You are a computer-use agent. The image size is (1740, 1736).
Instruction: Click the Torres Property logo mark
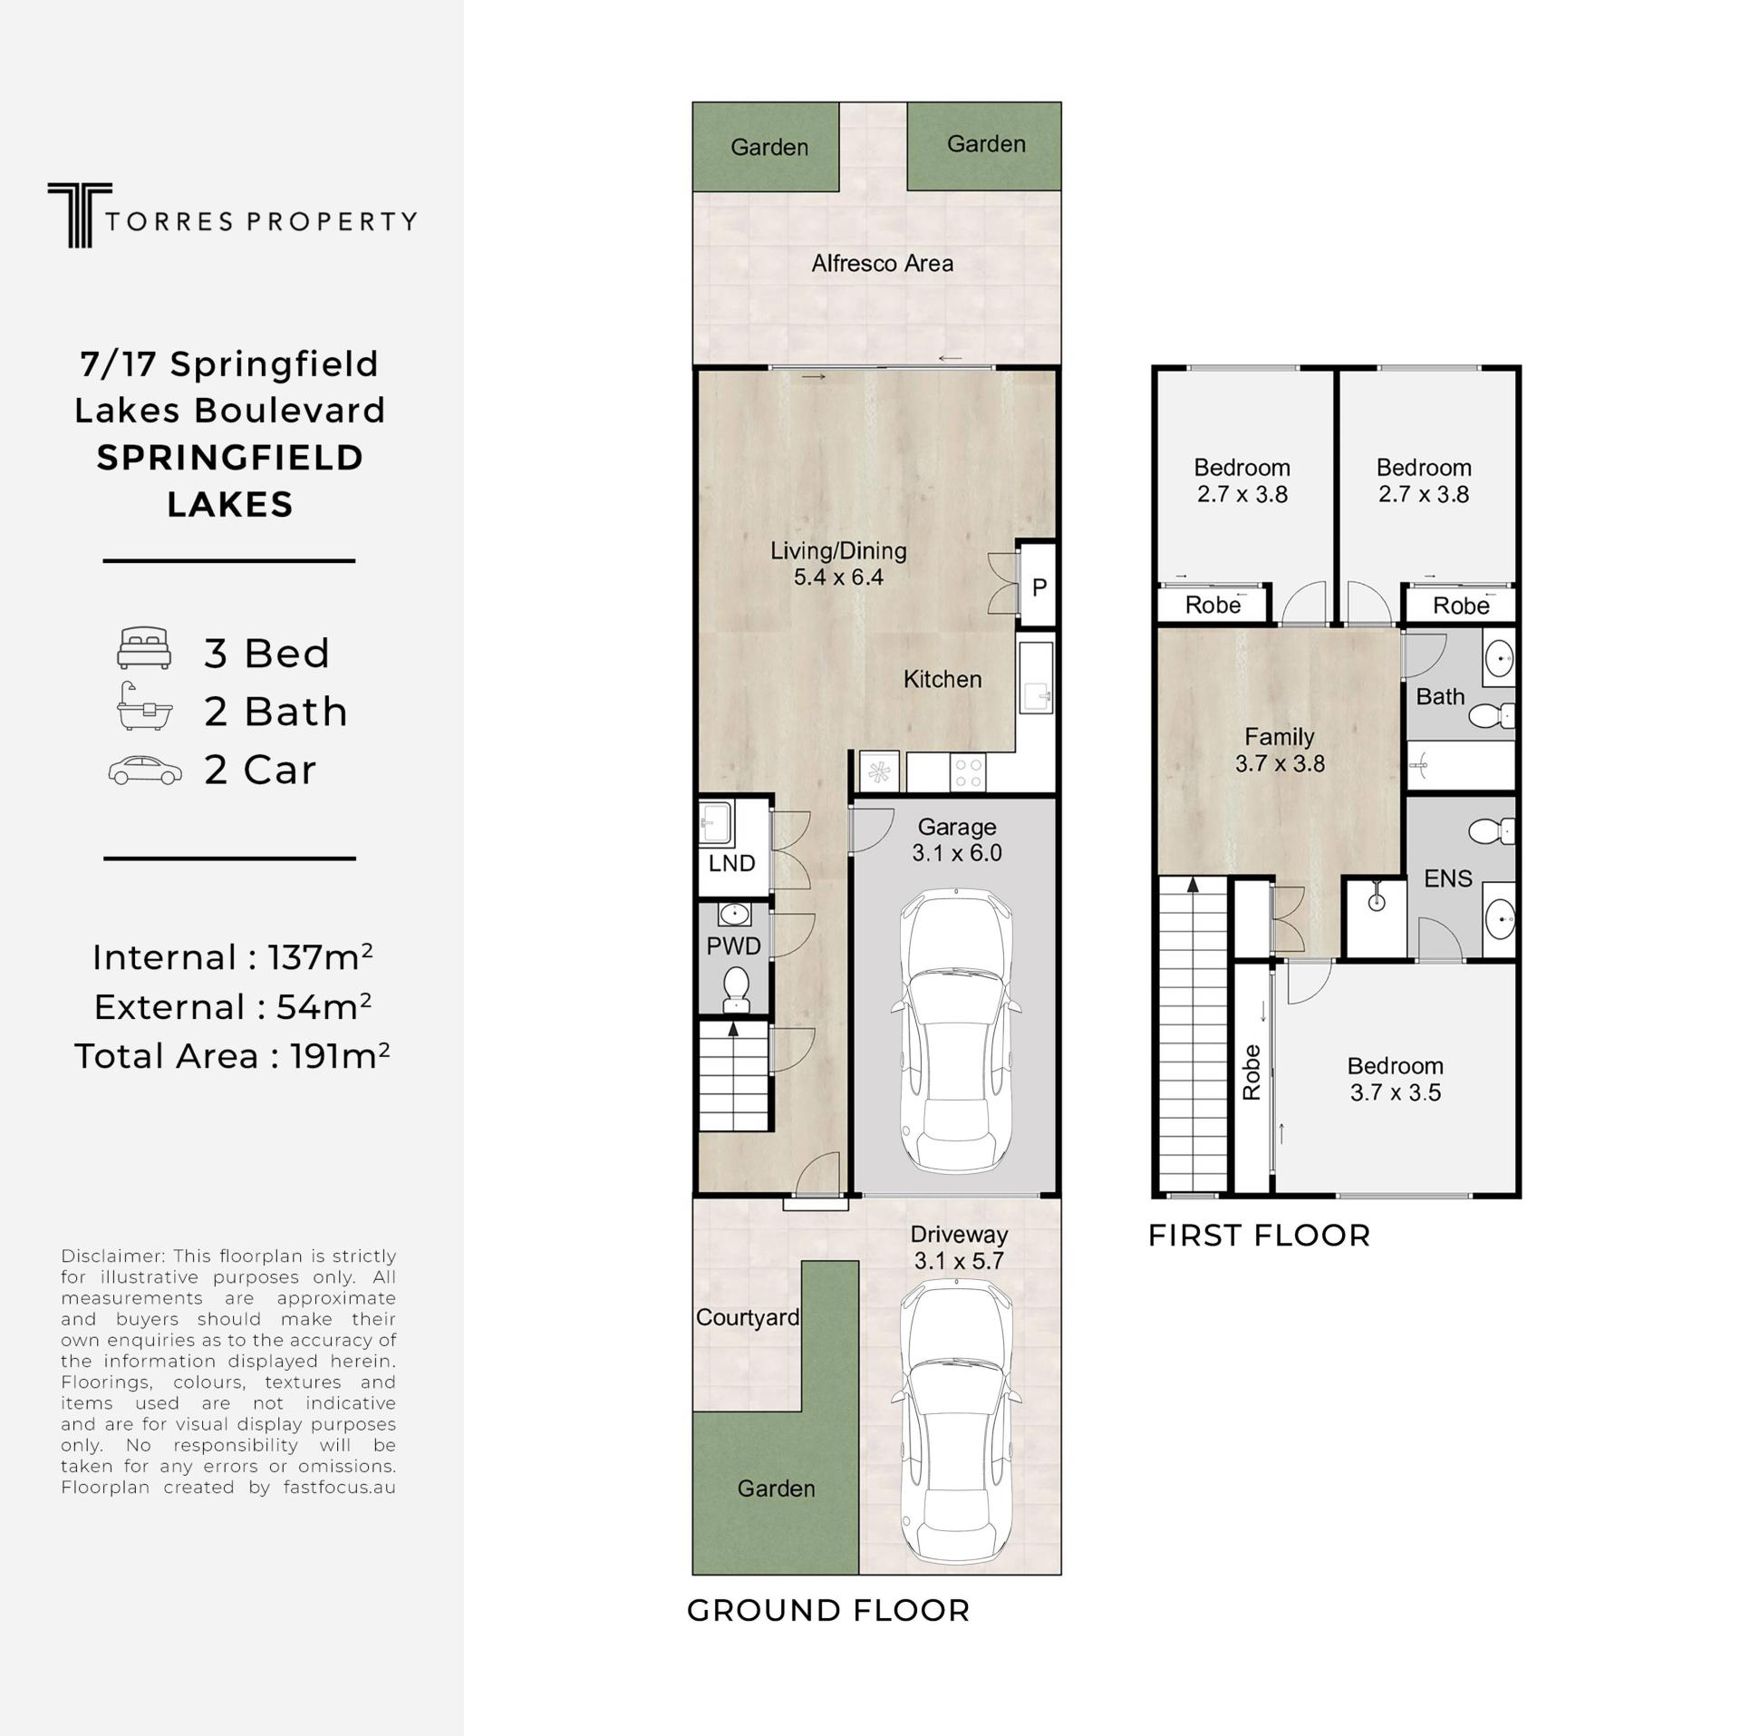coord(80,215)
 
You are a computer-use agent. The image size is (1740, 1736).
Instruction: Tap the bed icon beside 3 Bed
coord(144,648)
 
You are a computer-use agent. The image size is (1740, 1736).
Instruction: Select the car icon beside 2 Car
coord(145,770)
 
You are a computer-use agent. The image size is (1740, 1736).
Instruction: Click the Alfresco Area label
coord(882,263)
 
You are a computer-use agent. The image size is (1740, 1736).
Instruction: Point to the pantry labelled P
coord(1038,586)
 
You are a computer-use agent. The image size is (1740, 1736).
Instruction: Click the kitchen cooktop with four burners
coord(968,773)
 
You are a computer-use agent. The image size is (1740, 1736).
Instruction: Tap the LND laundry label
coord(731,863)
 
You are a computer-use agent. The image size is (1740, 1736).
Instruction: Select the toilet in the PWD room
coord(735,989)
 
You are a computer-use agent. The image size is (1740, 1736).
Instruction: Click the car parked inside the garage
coord(956,1031)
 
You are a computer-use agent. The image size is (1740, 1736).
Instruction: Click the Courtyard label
coord(748,1317)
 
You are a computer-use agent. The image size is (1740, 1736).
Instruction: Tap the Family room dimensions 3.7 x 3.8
coord(1280,763)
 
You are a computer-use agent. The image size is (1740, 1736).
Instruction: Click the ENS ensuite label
coord(1447,878)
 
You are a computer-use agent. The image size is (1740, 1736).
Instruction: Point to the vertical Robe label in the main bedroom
coord(1252,1072)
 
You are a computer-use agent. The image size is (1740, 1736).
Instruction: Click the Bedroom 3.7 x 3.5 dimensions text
coord(1395,1092)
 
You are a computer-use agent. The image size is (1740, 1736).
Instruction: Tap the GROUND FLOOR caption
coord(828,1610)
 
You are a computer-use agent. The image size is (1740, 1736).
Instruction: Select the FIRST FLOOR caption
coord(1259,1235)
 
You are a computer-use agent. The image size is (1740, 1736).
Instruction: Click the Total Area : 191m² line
coord(232,1055)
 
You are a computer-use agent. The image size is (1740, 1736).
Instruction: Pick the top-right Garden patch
coord(984,145)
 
